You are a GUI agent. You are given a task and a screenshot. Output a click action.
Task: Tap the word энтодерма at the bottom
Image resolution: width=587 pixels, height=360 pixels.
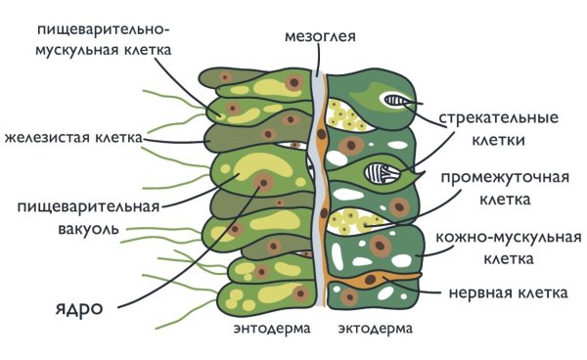(x=272, y=330)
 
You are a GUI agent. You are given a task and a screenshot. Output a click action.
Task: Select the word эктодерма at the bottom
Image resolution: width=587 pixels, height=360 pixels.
(x=375, y=330)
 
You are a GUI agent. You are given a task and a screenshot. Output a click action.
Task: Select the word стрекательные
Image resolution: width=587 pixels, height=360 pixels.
(x=498, y=118)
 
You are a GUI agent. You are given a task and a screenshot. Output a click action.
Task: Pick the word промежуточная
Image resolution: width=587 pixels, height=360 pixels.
(x=504, y=179)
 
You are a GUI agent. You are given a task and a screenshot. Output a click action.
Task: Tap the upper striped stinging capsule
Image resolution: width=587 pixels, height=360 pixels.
(x=398, y=101)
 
